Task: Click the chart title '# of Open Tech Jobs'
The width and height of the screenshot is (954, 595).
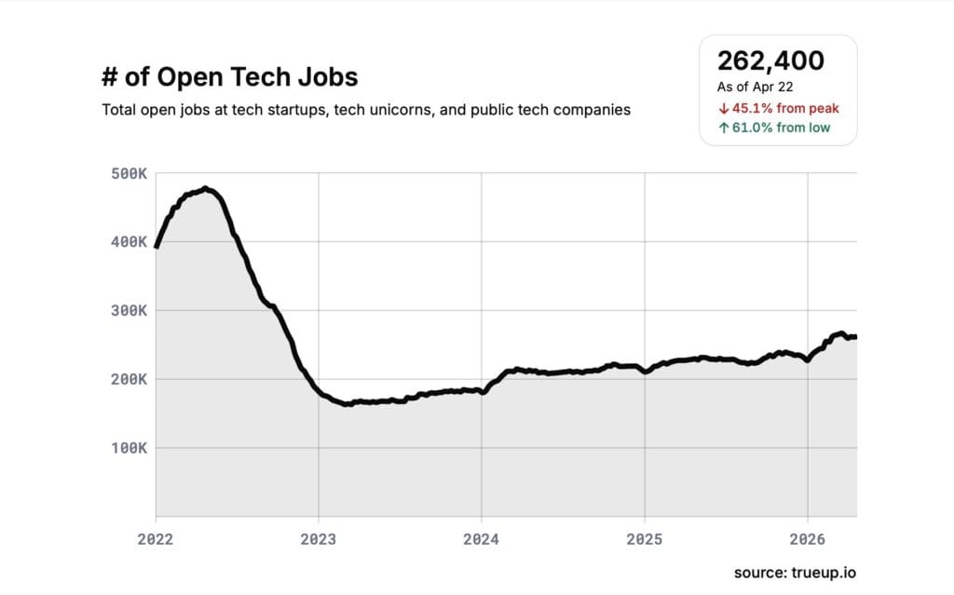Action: point(229,76)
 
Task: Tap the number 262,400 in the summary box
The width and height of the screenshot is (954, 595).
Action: point(770,61)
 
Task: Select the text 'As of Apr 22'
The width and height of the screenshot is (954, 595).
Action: point(755,87)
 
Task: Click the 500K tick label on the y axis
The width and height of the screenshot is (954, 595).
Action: point(129,173)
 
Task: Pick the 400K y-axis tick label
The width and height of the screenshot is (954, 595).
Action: point(129,242)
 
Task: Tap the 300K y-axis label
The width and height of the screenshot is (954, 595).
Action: point(129,310)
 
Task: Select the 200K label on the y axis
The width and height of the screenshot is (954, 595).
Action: point(129,379)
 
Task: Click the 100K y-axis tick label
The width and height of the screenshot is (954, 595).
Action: point(129,448)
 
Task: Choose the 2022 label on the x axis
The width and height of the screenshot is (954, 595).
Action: point(156,538)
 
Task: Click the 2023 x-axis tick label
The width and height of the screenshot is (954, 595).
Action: point(319,538)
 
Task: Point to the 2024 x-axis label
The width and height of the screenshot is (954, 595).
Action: point(482,538)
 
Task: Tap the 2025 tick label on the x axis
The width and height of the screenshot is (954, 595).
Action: point(645,538)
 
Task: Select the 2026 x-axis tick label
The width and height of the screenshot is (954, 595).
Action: point(807,538)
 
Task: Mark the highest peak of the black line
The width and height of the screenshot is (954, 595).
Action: point(205,188)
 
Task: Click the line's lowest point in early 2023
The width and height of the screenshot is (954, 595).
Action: point(347,404)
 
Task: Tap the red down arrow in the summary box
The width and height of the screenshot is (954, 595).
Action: point(723,108)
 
